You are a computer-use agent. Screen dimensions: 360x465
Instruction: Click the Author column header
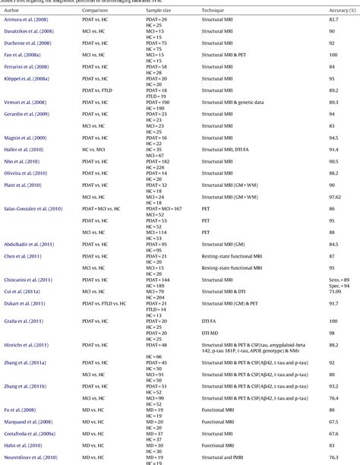click(x=11, y=10)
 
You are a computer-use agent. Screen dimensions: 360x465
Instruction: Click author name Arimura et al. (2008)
click(x=28, y=20)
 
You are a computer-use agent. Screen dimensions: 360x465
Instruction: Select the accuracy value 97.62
click(x=336, y=197)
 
